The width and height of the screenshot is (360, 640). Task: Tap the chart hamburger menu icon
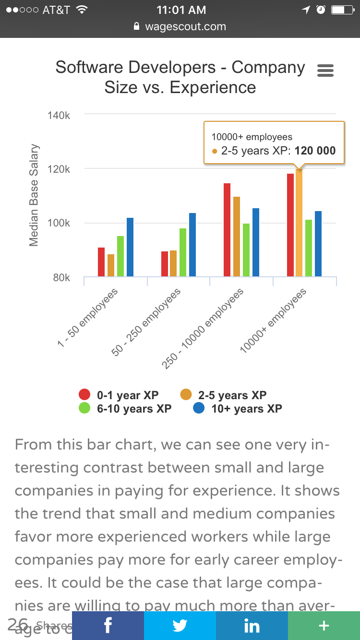(x=325, y=71)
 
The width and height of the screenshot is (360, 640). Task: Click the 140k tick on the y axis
(x=59, y=116)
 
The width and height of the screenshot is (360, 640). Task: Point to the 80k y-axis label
(x=61, y=278)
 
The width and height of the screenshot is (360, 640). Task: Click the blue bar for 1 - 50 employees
(x=130, y=247)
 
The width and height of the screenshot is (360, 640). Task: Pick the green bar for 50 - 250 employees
(x=183, y=252)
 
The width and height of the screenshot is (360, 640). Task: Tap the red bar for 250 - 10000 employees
(x=227, y=230)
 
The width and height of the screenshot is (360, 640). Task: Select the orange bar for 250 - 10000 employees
(x=237, y=237)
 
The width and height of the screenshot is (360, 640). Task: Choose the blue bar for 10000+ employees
(x=318, y=244)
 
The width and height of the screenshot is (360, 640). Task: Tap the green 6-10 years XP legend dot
(x=84, y=409)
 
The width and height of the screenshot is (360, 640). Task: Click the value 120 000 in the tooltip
(x=315, y=151)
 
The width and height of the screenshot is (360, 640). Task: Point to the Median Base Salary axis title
(x=34, y=195)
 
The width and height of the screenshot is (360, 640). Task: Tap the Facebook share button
(x=108, y=626)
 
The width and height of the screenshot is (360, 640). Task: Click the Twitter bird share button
(x=180, y=626)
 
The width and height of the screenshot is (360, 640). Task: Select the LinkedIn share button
(x=252, y=626)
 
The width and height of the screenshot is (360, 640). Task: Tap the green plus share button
(x=324, y=626)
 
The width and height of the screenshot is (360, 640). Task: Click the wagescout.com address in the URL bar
(x=185, y=27)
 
